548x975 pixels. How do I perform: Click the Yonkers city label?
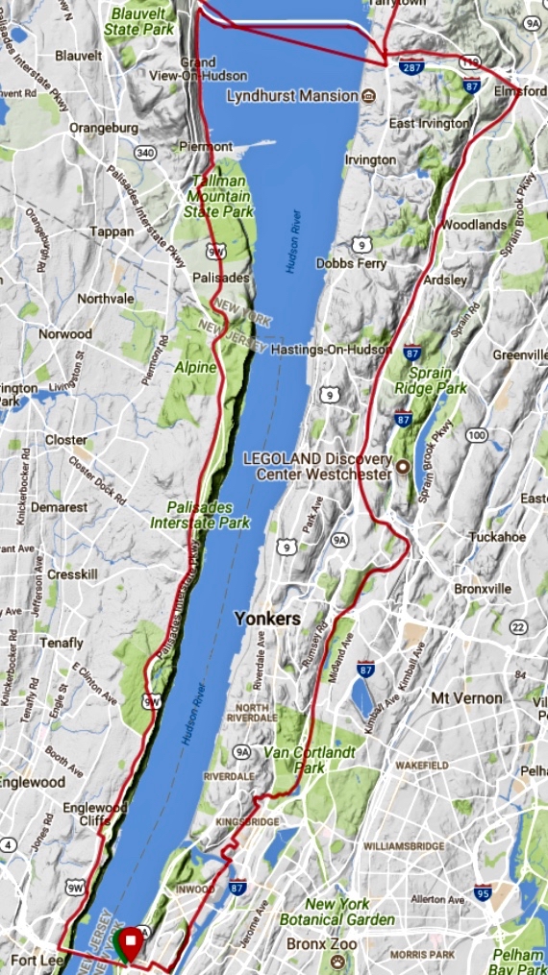(267, 619)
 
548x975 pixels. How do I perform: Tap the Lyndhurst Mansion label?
(292, 96)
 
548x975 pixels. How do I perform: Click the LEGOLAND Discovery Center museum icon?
(404, 468)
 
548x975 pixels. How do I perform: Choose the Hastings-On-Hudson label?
(331, 349)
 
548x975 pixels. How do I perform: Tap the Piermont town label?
(207, 146)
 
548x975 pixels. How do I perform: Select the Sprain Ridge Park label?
(430, 380)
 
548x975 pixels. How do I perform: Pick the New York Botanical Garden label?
(336, 913)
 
